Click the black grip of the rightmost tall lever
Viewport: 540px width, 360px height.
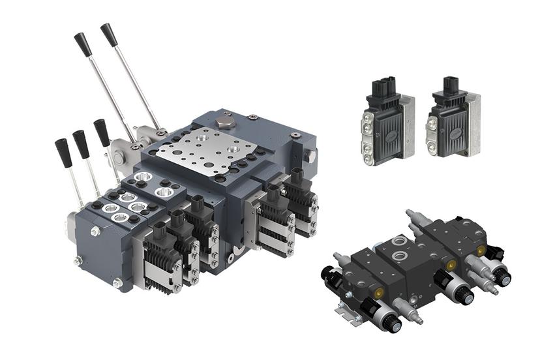[109, 35]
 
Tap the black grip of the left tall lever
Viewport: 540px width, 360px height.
[82, 43]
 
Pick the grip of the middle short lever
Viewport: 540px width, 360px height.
[81, 143]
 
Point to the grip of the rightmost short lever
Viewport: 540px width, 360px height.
[102, 132]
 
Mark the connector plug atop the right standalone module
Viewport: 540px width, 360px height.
[452, 85]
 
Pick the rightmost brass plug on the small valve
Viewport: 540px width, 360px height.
[481, 250]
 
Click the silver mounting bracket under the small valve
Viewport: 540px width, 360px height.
[350, 314]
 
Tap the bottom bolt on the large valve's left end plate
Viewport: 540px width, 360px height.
[117, 282]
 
